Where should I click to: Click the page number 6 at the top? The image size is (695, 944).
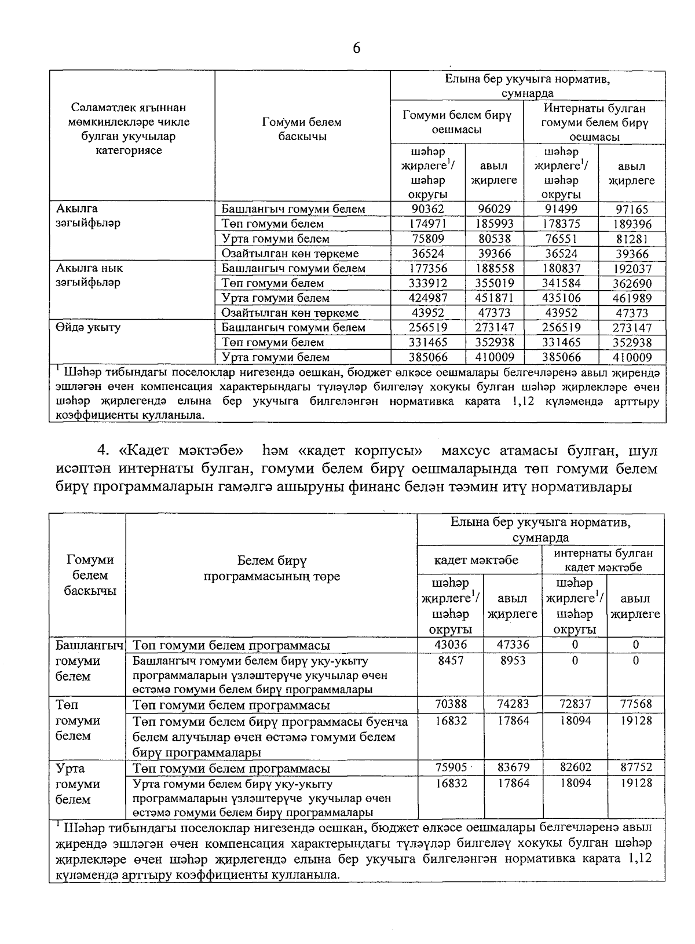pyautogui.click(x=356, y=48)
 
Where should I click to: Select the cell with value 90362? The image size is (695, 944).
pyautogui.click(x=428, y=209)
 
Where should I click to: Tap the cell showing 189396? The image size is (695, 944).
pyautogui.click(x=632, y=224)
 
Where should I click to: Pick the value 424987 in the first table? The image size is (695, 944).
pyautogui.click(x=428, y=298)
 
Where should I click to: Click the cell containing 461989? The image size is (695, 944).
pyautogui.click(x=632, y=298)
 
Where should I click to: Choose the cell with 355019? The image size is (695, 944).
pyautogui.click(x=494, y=283)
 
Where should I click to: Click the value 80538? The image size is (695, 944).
pyautogui.click(x=494, y=239)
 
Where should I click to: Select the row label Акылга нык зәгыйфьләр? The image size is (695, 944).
pyautogui.click(x=89, y=276)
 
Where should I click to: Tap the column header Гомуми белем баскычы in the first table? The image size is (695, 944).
pyautogui.click(x=302, y=129)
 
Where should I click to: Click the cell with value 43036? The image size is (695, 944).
pyautogui.click(x=450, y=645)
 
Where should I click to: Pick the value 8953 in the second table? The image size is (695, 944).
pyautogui.click(x=513, y=660)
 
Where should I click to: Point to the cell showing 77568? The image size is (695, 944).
pyautogui.click(x=635, y=704)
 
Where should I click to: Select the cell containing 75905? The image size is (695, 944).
pyautogui.click(x=450, y=767)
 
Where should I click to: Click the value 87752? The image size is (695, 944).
pyautogui.click(x=635, y=767)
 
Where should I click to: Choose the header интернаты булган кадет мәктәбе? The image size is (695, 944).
pyautogui.click(x=603, y=560)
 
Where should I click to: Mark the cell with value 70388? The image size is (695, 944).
pyautogui.click(x=450, y=704)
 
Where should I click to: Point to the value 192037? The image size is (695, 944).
pyautogui.click(x=632, y=269)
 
